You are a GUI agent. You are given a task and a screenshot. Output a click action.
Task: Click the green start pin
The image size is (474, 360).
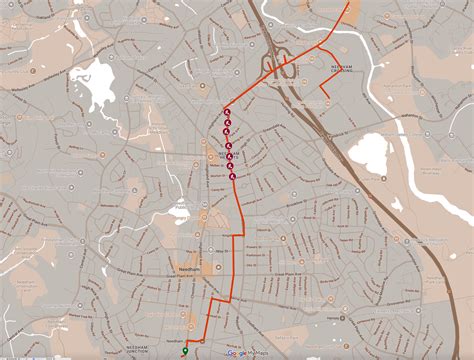click(185, 350)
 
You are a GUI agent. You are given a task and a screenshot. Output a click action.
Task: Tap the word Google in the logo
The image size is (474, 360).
click(237, 353)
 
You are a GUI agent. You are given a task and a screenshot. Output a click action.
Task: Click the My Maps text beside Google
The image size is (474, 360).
click(259, 353)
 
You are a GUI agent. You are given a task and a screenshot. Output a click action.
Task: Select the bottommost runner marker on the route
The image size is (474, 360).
click(233, 177)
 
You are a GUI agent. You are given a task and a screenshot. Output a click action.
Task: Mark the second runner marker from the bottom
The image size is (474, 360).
click(231, 166)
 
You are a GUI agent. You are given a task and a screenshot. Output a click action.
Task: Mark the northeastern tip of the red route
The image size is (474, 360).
click(349, 3)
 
